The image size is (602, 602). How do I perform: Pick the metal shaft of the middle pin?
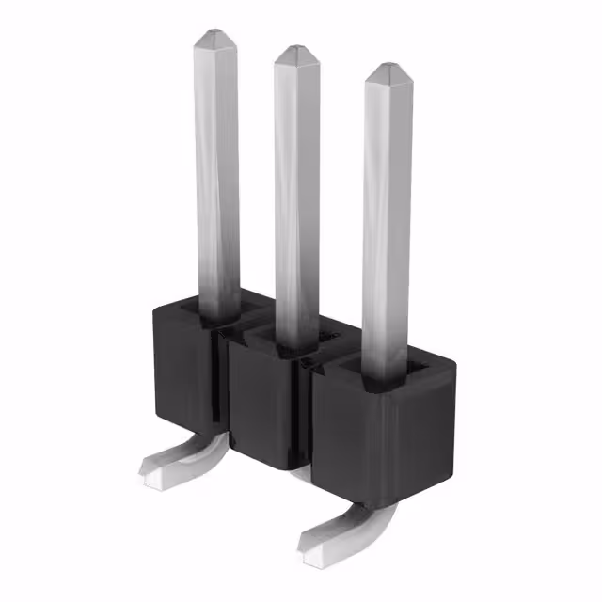pyautogui.click(x=295, y=188)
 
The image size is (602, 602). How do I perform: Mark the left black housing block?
pyautogui.click(x=183, y=367)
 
